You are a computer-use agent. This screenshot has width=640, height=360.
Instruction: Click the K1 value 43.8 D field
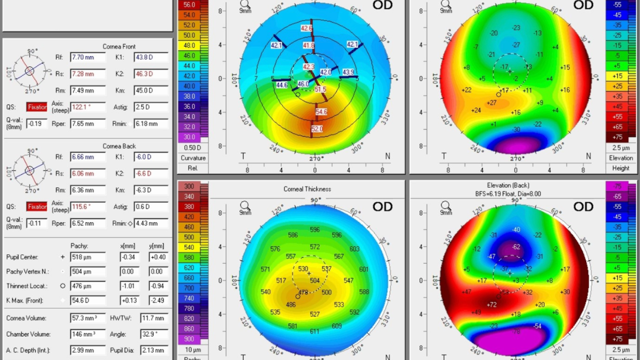click(x=151, y=58)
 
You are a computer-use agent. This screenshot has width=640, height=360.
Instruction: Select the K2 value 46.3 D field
click(x=151, y=74)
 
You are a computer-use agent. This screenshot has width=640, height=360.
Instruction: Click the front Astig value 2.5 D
click(x=151, y=107)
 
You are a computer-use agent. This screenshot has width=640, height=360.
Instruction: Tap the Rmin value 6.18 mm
click(x=151, y=124)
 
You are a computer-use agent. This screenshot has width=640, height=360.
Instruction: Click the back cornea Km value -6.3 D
click(x=151, y=190)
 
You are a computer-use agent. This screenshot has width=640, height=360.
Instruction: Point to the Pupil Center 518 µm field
click(x=87, y=258)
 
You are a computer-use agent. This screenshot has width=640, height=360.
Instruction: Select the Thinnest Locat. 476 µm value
click(x=87, y=286)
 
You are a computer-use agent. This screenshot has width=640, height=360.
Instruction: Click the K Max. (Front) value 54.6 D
click(x=87, y=301)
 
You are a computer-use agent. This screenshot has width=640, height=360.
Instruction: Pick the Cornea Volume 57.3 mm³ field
click(x=87, y=319)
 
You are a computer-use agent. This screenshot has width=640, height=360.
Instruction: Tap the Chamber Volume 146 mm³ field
click(x=87, y=335)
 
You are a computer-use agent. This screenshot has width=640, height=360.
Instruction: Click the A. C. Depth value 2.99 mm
click(x=87, y=351)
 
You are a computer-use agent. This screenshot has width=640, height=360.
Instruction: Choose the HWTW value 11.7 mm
click(x=153, y=319)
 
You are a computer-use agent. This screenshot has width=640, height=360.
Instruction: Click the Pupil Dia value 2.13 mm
click(x=153, y=351)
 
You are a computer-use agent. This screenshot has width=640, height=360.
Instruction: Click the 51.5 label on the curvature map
click(x=320, y=89)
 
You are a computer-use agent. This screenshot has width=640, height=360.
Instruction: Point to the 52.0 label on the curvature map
click(x=317, y=129)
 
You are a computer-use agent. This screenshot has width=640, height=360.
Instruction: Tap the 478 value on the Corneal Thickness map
click(x=304, y=293)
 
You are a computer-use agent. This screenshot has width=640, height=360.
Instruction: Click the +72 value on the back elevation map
click(x=492, y=305)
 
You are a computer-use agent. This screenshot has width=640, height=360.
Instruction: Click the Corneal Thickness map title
click(x=307, y=189)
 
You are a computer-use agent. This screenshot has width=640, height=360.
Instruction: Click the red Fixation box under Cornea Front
click(x=37, y=108)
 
